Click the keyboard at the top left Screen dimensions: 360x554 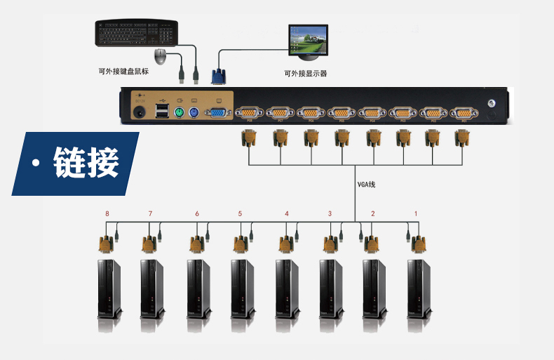click(137, 33)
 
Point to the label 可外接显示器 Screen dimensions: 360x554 click(306, 73)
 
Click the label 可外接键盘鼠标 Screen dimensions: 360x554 click(123, 71)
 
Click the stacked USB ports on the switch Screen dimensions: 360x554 click(163, 112)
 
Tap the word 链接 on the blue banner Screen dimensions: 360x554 click(86, 163)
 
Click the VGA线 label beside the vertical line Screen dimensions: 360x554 click(367, 185)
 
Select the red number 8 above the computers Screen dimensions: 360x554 click(107, 213)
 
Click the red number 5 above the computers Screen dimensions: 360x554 click(240, 213)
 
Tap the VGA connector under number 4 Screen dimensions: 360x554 click(285, 244)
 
